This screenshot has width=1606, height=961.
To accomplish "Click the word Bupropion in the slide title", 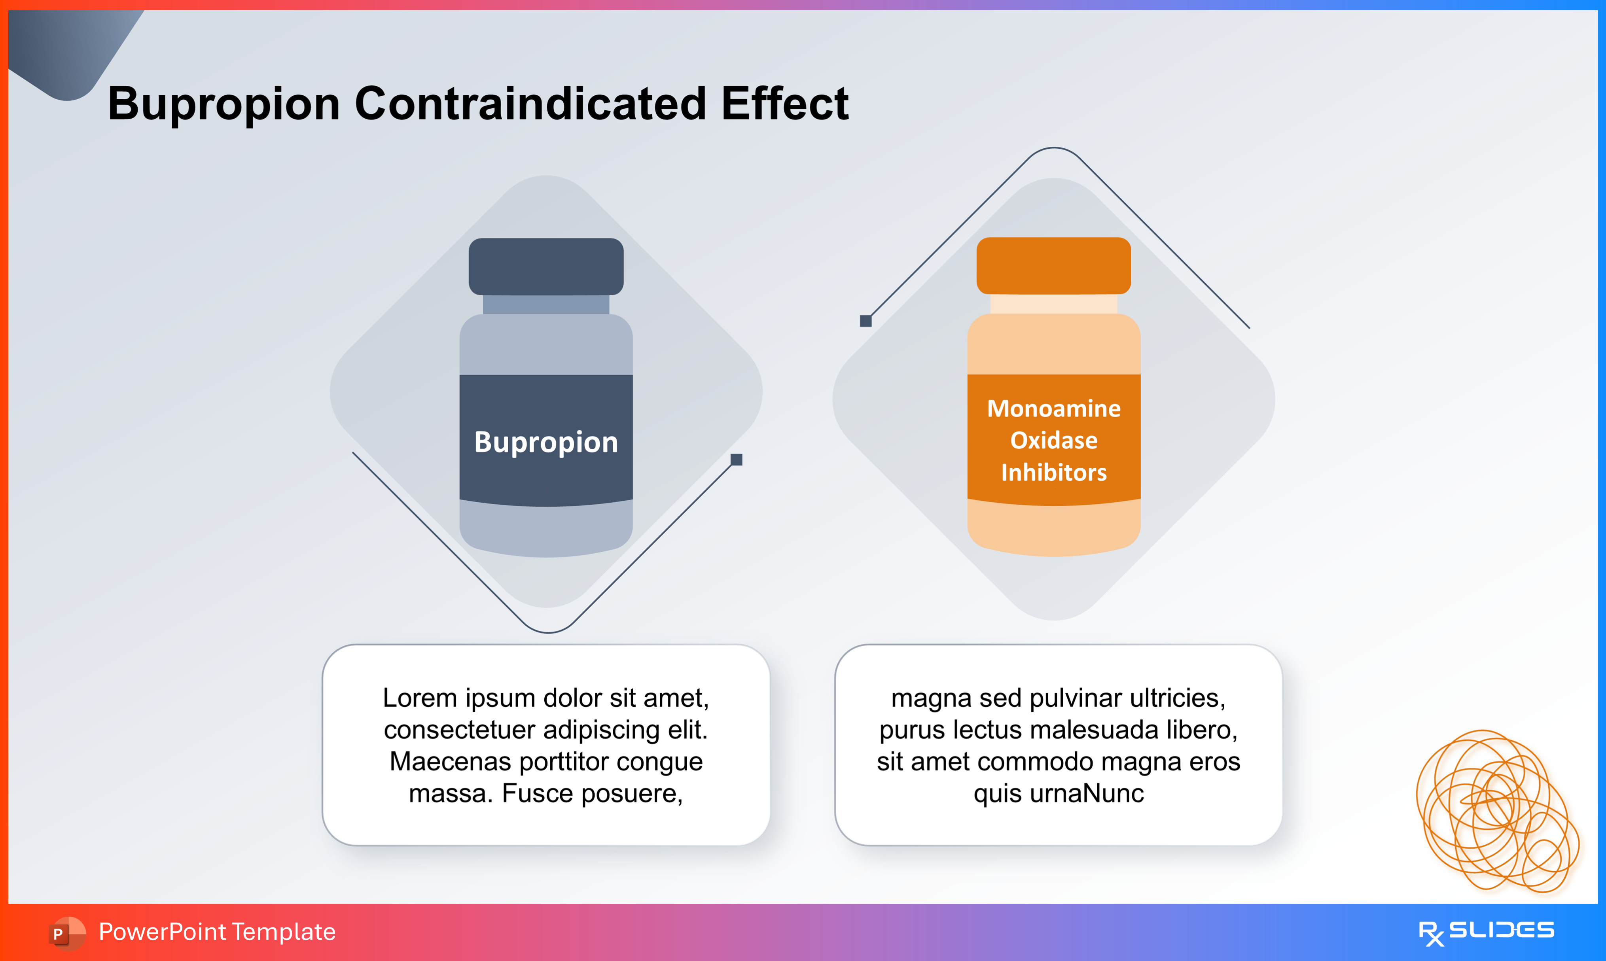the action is (x=223, y=104).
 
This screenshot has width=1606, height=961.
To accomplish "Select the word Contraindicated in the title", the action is (x=530, y=104).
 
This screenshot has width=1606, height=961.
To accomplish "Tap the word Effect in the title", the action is (x=784, y=104).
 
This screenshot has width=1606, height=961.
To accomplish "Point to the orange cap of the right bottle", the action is (x=1054, y=265).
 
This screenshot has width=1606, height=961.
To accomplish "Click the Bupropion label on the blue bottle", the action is (x=546, y=442).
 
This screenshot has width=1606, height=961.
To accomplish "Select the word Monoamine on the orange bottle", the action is (x=1054, y=409).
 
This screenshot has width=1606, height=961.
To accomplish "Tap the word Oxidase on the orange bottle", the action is (x=1054, y=440).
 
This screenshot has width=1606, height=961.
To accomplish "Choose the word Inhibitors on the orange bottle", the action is (x=1054, y=473).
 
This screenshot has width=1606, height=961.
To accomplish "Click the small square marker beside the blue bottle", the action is (x=736, y=460).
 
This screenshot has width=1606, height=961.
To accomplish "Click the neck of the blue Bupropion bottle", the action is (x=546, y=305).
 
